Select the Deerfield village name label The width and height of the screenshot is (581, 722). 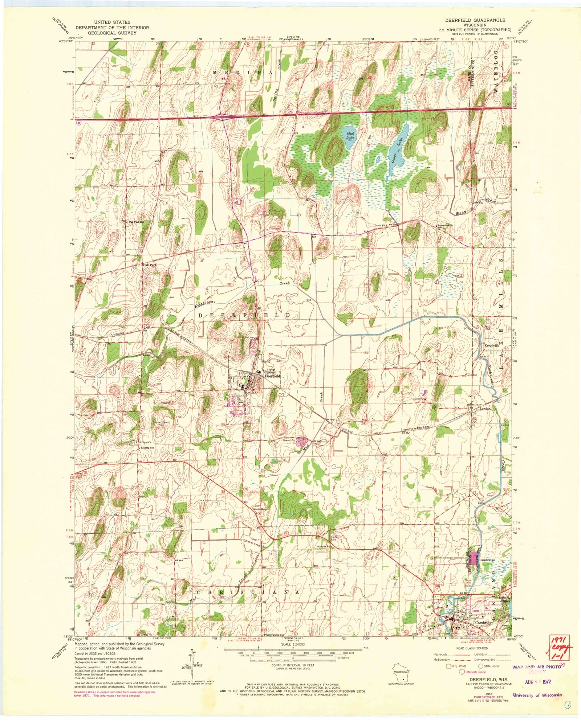pos(272,376)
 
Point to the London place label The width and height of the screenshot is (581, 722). pos(485,409)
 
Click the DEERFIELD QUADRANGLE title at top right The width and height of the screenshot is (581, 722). pos(475,20)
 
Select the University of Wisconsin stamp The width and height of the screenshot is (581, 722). pos(538,696)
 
